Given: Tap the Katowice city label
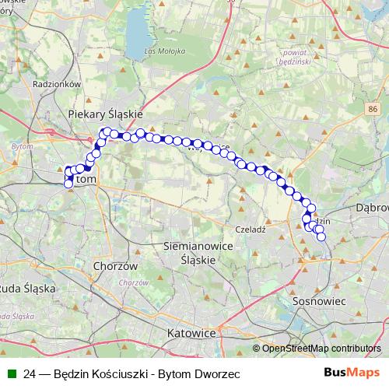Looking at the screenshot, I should click(191, 332).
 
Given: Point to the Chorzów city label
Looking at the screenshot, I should click(114, 265).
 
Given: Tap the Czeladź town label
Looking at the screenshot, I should click(251, 230).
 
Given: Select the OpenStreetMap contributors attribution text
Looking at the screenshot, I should click(321, 349).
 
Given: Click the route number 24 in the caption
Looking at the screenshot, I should click(30, 373).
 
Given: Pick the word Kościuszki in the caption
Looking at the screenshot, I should click(117, 373).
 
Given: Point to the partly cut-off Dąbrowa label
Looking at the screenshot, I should click(372, 209).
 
